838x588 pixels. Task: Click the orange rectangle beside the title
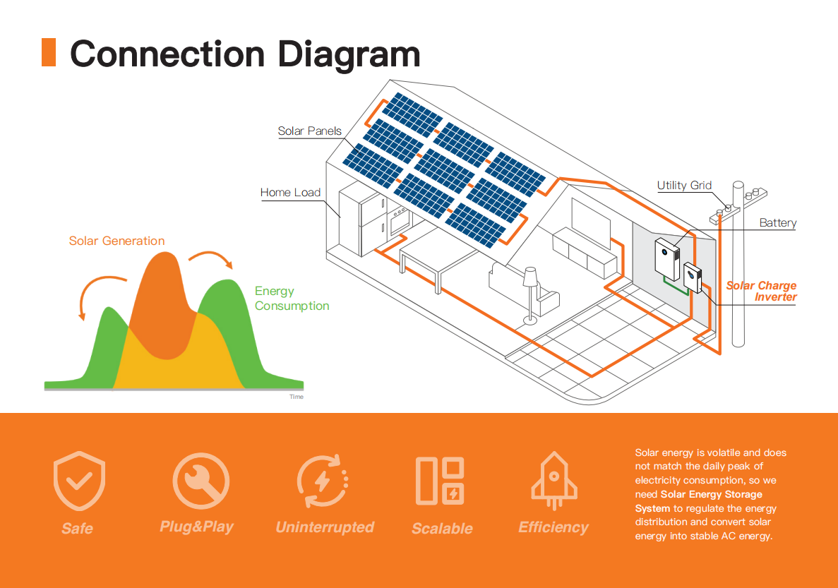click(x=49, y=53)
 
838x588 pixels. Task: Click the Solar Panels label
click(x=309, y=131)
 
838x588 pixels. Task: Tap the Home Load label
click(x=290, y=192)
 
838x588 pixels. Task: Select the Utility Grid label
click(x=684, y=185)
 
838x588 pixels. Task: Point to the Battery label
click(x=777, y=222)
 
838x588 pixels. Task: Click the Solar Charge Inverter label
click(x=762, y=291)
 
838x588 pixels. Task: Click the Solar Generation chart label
click(x=116, y=241)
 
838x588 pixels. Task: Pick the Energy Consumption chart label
click(x=292, y=298)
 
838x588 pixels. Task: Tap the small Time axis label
click(x=297, y=397)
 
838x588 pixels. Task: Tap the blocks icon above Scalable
click(x=440, y=481)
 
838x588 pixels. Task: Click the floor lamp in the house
click(x=530, y=293)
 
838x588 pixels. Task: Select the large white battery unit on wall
click(x=667, y=259)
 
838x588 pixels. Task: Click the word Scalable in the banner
click(x=442, y=528)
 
